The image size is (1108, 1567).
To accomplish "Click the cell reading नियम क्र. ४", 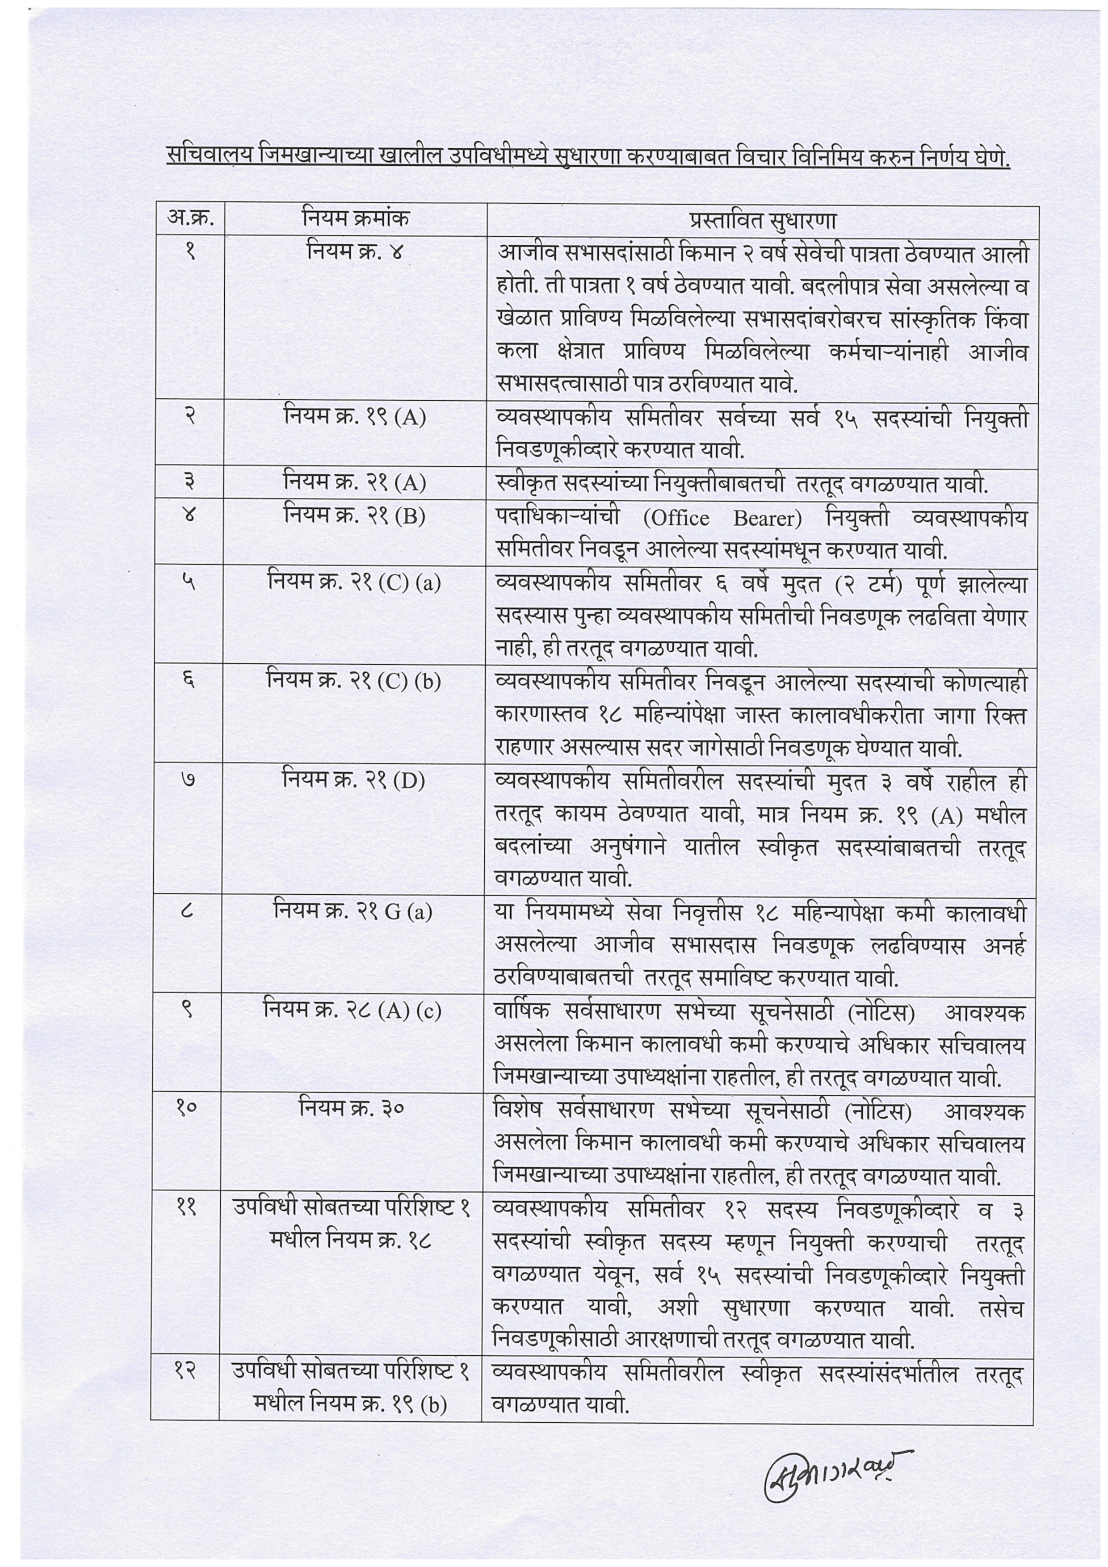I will click(355, 252).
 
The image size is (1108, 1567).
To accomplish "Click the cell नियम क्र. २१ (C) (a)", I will click(354, 582).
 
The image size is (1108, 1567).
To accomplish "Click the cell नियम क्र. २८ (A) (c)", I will click(352, 1010).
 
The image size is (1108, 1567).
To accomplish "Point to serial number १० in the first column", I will click(187, 1108).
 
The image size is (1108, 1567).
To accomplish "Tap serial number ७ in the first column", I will click(189, 779).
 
